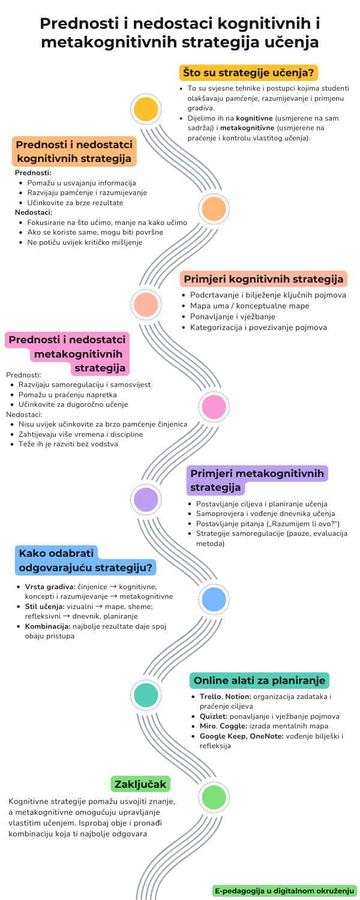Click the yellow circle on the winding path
[146, 109]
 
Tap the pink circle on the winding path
[214, 406]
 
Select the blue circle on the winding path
[214, 599]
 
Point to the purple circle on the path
[146, 500]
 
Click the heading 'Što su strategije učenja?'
[248, 73]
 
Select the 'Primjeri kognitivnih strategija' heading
[263, 279]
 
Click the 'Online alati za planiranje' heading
[259, 680]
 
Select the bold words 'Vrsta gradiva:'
[50, 586]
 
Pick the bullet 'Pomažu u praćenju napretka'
[68, 394]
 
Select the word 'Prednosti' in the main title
[84, 24]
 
